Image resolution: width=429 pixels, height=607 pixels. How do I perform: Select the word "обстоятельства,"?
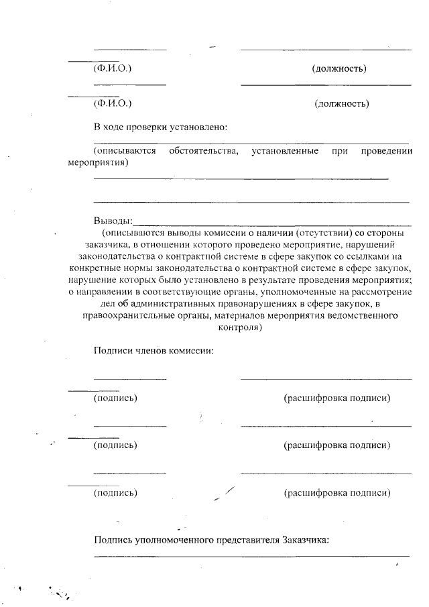click(x=204, y=151)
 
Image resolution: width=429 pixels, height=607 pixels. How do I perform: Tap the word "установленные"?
click(x=285, y=151)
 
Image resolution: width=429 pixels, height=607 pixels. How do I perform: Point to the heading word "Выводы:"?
click(x=113, y=221)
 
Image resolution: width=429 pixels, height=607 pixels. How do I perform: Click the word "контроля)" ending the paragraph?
click(x=239, y=328)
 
